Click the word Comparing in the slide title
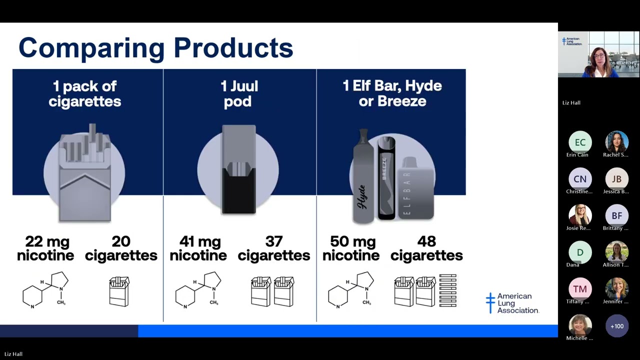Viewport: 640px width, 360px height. click(91, 48)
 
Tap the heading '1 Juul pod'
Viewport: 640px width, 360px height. click(239, 93)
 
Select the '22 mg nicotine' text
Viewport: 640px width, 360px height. click(45, 248)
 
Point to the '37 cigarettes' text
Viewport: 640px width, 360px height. click(273, 248)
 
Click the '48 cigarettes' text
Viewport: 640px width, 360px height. click(426, 248)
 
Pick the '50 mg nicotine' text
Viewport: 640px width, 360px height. click(351, 248)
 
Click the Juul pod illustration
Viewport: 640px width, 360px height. click(239, 169)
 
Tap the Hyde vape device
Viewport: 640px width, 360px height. click(363, 176)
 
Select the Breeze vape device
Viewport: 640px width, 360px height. click(386, 178)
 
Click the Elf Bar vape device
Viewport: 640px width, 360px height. click(416, 188)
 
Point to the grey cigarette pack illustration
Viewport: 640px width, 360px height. click(85, 172)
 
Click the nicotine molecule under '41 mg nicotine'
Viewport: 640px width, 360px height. click(198, 289)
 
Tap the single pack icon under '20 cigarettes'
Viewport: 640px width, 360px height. click(119, 291)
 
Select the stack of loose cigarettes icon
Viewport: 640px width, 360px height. click(447, 290)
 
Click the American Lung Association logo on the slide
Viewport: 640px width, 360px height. click(512, 303)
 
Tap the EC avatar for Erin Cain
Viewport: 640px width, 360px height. click(580, 142)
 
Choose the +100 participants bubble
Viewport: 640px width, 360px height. click(617, 326)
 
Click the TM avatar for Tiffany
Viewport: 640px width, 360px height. click(580, 289)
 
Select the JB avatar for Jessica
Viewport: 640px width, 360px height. click(617, 179)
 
